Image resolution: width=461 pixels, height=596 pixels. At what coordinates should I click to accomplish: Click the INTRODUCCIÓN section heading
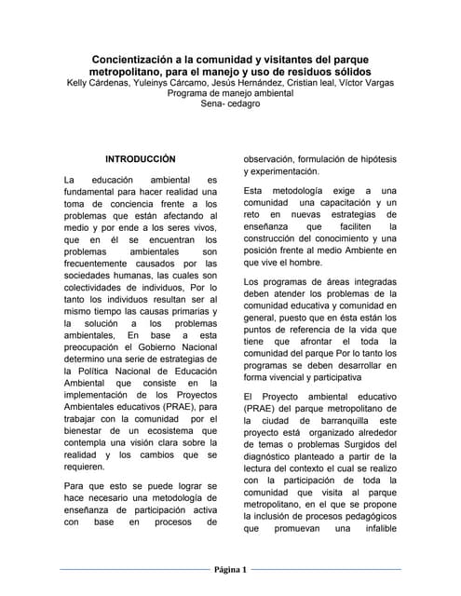point(140,159)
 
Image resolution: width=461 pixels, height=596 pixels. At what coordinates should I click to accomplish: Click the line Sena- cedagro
point(230,105)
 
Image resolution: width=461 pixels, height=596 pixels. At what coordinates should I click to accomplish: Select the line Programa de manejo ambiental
point(230,94)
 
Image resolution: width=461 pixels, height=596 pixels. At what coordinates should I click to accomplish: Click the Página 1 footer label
point(229,570)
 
